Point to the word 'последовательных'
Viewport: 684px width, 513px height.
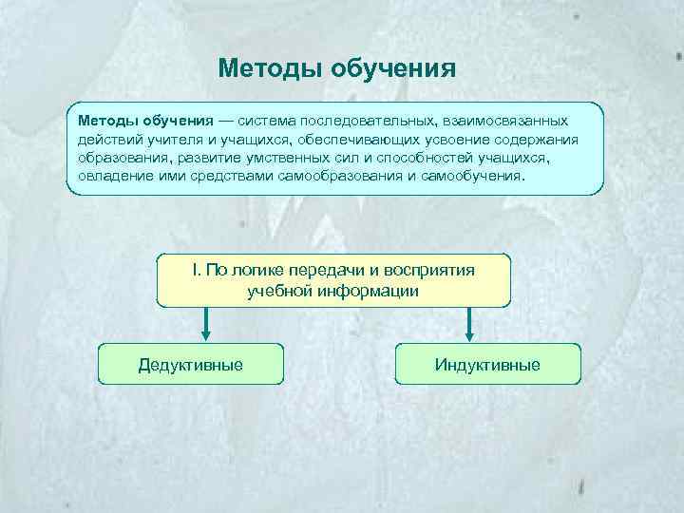tap(366, 122)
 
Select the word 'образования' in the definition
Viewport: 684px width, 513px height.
tap(121, 158)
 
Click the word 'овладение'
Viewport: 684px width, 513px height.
tap(113, 176)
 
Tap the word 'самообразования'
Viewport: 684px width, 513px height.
tap(357, 176)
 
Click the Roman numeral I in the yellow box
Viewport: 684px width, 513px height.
tap(195, 270)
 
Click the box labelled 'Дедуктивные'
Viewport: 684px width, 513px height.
tap(190, 364)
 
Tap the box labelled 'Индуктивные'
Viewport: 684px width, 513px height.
tap(486, 364)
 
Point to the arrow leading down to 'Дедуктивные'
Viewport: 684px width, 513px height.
tap(204, 325)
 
